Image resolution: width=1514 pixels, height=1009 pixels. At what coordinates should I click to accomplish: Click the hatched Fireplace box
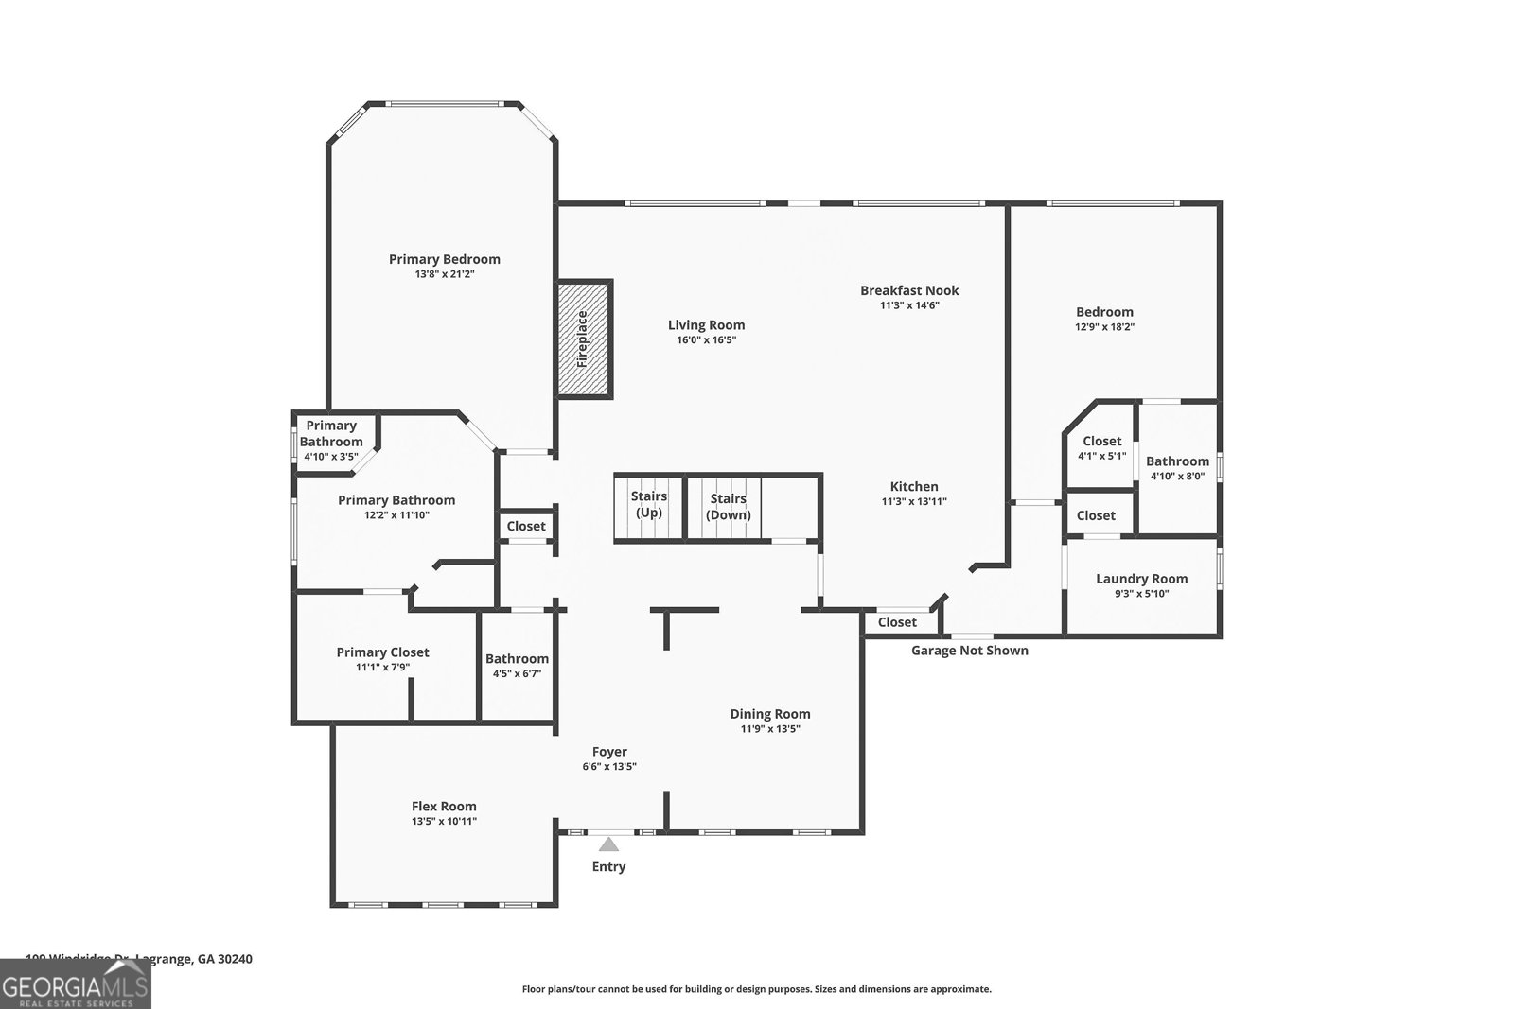[x=584, y=339]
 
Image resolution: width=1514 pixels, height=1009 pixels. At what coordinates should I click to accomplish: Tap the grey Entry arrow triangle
[x=608, y=844]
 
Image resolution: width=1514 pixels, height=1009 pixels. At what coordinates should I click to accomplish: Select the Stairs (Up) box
[x=648, y=506]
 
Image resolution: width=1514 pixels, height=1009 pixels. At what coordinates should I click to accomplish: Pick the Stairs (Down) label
[x=729, y=507]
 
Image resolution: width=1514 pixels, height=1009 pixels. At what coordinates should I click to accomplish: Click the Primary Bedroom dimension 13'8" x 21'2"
[x=444, y=274]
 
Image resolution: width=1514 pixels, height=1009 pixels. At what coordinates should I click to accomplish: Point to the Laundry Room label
[x=1141, y=579]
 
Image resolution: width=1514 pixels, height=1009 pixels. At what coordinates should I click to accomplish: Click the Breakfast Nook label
[x=909, y=290]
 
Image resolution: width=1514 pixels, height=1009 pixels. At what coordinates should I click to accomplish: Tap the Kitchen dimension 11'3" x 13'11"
[x=913, y=502]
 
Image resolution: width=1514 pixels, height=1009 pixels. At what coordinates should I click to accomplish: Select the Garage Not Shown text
[x=969, y=651]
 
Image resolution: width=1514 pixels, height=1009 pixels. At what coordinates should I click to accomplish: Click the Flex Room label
[x=444, y=806]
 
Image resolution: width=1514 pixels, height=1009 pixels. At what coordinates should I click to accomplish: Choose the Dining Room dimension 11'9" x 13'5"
[x=770, y=729]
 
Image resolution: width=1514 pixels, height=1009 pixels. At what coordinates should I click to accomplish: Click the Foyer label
[x=609, y=752]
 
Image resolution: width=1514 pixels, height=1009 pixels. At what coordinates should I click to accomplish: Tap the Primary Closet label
[x=382, y=652]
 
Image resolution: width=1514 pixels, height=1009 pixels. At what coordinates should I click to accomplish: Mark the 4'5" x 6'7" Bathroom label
[x=517, y=658]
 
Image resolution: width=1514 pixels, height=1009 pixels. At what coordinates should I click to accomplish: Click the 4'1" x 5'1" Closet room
[x=1101, y=447]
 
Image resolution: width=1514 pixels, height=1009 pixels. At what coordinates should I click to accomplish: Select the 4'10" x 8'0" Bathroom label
[x=1177, y=461]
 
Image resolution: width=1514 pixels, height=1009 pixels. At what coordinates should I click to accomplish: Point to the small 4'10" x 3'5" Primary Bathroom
[x=331, y=440]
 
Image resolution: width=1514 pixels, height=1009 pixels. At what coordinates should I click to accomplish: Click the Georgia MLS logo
[x=75, y=983]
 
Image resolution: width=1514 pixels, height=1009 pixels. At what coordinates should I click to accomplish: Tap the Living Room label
[x=706, y=324]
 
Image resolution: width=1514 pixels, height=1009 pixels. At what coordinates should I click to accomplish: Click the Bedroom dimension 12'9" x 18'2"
[x=1104, y=327]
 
